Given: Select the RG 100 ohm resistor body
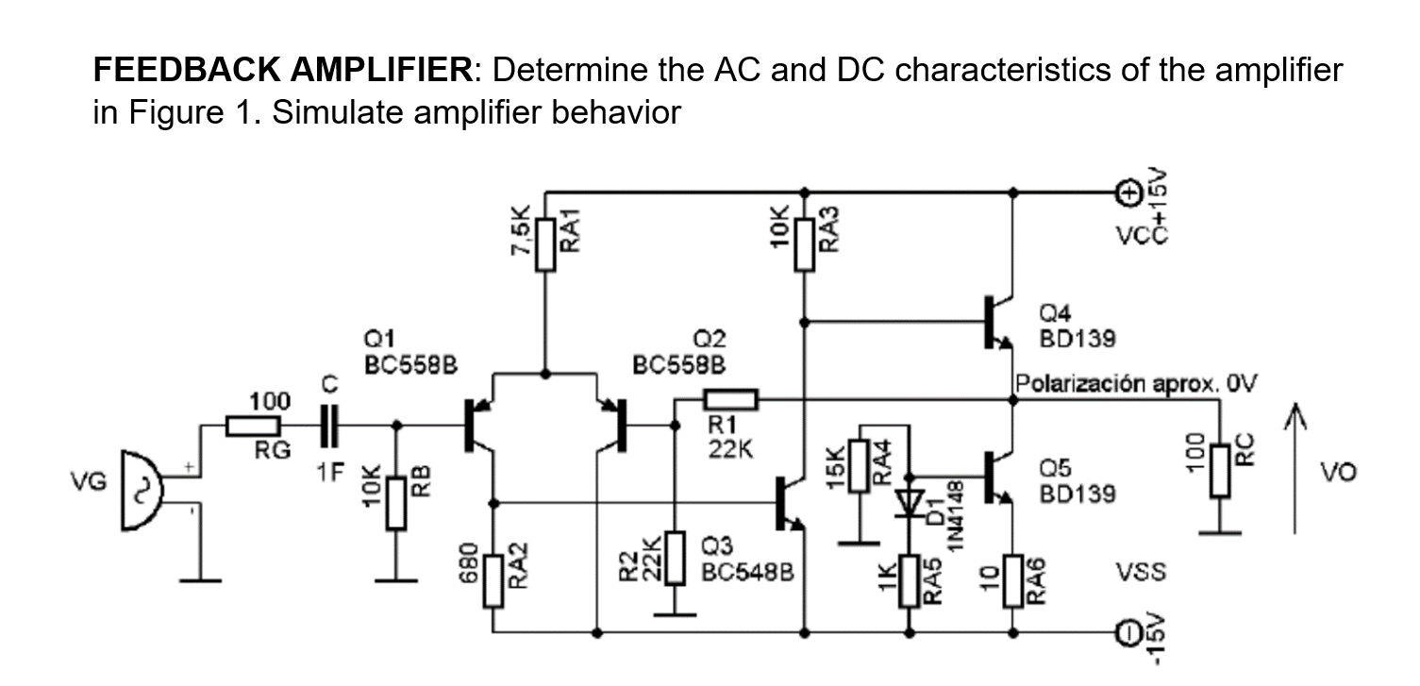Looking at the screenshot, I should pos(254,427).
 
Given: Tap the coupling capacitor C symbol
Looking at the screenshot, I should pos(328,427).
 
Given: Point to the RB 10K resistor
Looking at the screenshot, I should pos(395,503).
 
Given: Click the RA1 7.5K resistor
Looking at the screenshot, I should pos(546,244).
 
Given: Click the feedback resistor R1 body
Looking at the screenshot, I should pos(729,400).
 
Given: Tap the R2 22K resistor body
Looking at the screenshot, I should pos(675,559).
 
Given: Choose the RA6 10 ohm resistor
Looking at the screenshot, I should pos(1012,581).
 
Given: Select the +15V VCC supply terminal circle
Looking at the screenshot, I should pos(1128,193).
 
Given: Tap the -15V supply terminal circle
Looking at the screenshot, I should pos(1128,633).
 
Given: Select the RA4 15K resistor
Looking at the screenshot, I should pos(859,466).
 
